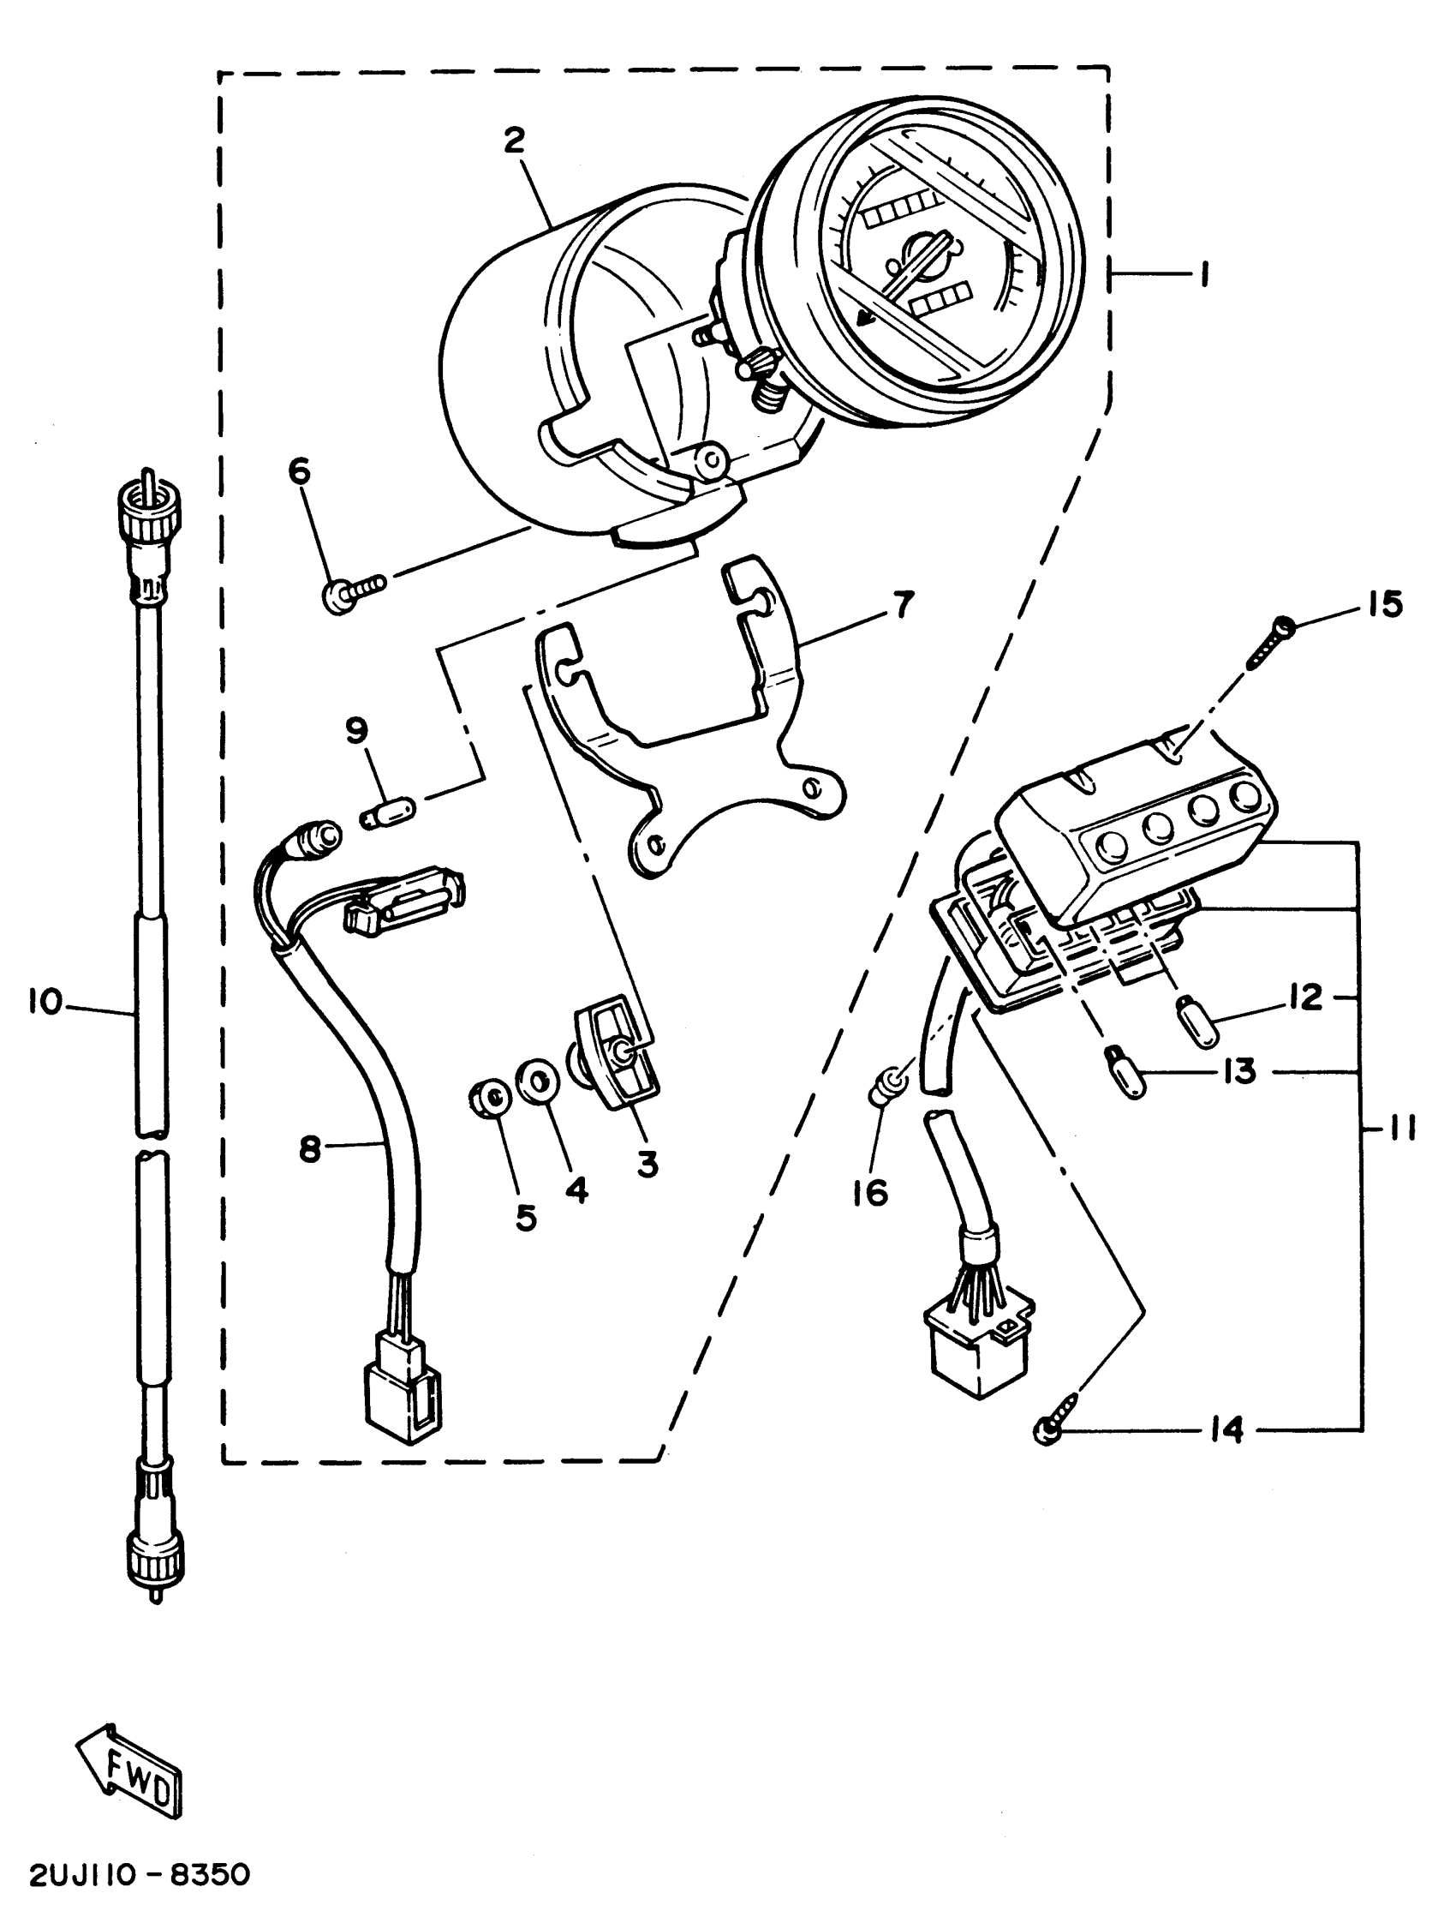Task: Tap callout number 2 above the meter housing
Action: [515, 140]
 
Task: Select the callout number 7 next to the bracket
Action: [903, 604]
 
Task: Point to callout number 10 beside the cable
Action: [45, 1003]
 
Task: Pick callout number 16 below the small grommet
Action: [869, 1193]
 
